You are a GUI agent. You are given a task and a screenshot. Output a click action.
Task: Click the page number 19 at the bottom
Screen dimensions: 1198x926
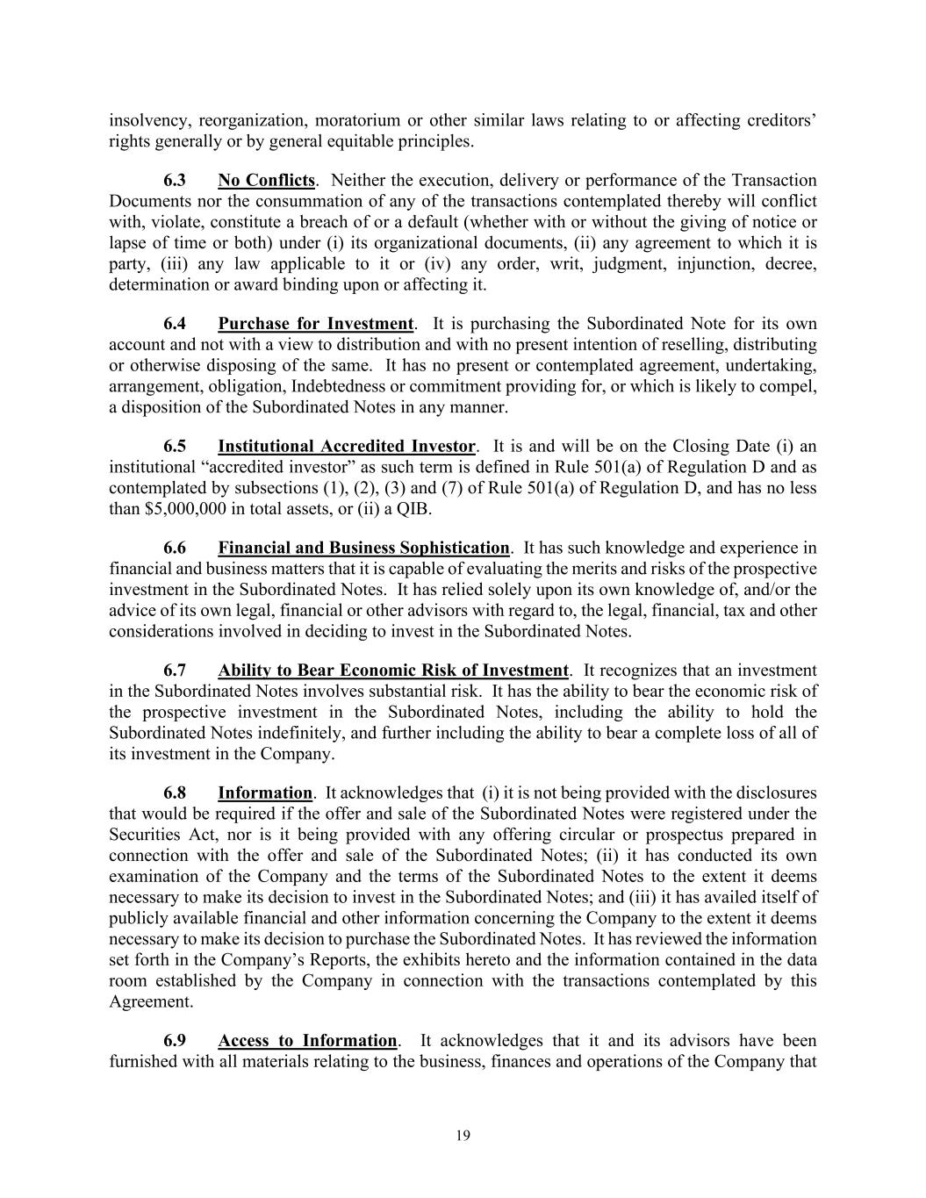tap(463, 1136)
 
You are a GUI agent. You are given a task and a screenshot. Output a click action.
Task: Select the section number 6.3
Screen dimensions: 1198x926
tap(175, 181)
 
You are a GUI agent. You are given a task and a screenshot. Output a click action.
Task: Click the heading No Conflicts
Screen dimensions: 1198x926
tap(266, 181)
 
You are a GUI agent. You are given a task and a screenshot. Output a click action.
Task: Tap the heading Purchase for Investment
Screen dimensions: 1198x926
tap(315, 324)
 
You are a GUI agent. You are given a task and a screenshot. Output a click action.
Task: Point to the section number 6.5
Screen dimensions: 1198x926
tap(175, 447)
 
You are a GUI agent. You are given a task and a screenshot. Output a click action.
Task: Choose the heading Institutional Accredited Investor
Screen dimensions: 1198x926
tap(347, 447)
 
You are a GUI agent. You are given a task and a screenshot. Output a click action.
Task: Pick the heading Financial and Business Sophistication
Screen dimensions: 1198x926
tap(363, 549)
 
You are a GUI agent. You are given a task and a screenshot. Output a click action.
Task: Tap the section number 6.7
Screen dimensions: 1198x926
tap(175, 671)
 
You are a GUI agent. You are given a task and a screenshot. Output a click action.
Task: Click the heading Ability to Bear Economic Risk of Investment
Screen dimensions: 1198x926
tap(393, 671)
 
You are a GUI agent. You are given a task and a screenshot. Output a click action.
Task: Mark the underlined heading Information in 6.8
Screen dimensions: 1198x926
tap(265, 793)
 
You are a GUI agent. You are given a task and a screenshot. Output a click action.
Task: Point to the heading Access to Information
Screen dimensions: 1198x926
tap(307, 1041)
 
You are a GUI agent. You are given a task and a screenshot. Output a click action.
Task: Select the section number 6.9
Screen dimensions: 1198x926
tap(175, 1041)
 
